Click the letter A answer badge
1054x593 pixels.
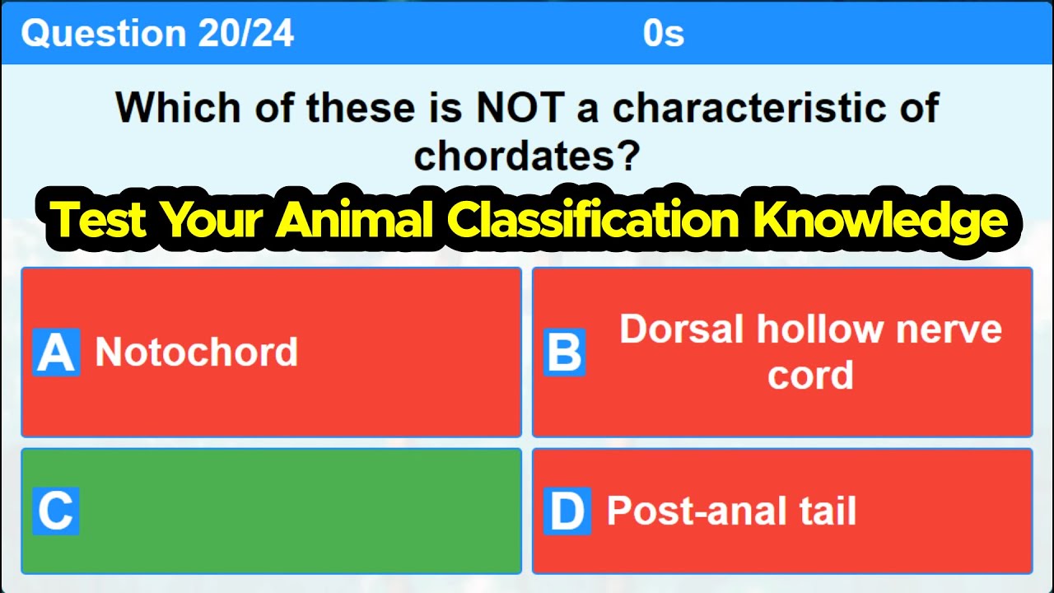pyautogui.click(x=56, y=353)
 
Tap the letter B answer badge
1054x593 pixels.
pyautogui.click(x=565, y=353)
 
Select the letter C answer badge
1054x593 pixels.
pyautogui.click(x=56, y=511)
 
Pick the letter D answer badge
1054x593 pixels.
pyautogui.click(x=567, y=511)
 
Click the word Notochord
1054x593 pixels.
pyautogui.click(x=196, y=353)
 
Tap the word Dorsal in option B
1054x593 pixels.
pyautogui.click(x=682, y=329)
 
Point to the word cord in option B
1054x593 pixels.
pyautogui.click(x=810, y=376)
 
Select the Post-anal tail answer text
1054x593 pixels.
pyautogui.click(x=731, y=511)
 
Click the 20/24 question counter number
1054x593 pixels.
pyautogui.click(x=245, y=34)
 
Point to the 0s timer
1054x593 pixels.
pyautogui.click(x=664, y=34)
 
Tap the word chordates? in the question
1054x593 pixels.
pyautogui.click(x=527, y=154)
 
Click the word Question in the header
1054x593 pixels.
pyautogui.click(x=104, y=34)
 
